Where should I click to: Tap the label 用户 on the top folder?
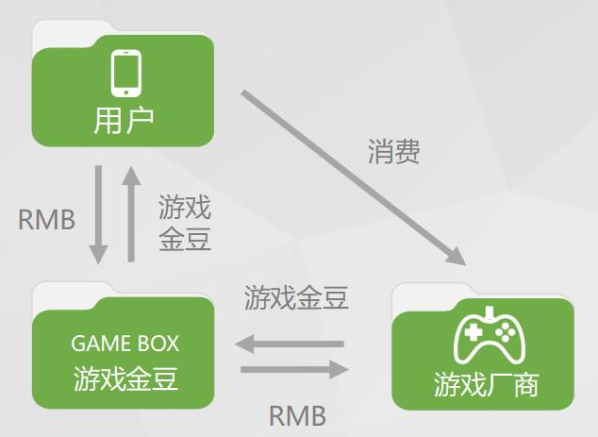coord(124,121)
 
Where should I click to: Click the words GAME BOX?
coord(125,343)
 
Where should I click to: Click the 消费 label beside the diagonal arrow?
coord(393,152)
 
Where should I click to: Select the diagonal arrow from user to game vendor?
coord(349,175)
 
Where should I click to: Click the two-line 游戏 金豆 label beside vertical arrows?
coord(185,223)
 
